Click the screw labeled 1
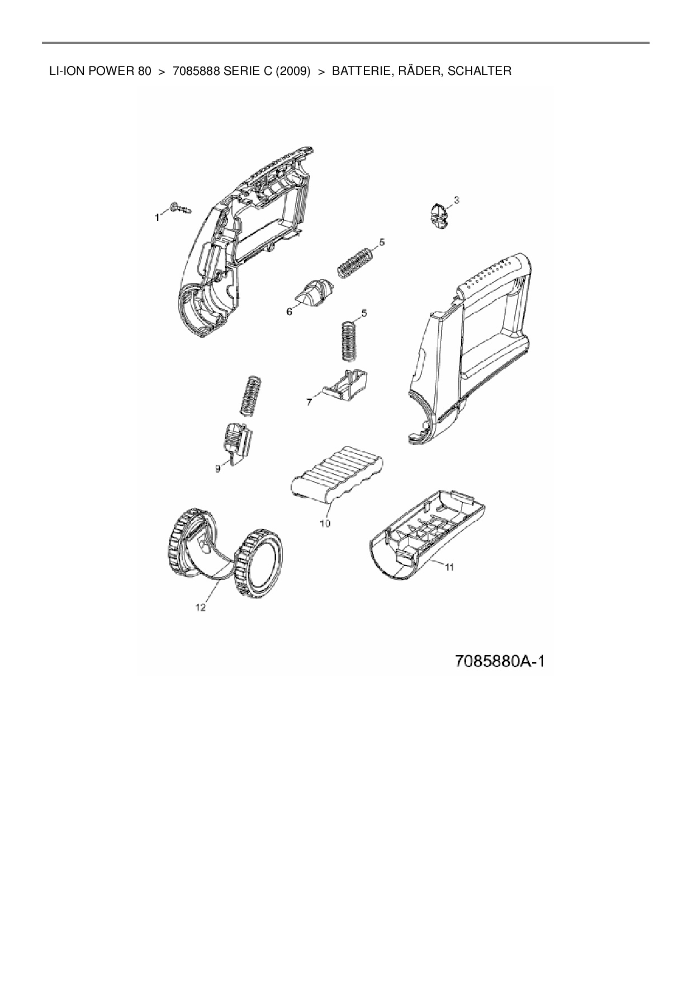[x=181, y=209]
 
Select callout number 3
[x=457, y=200]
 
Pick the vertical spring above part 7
[x=349, y=339]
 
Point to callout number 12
[x=201, y=609]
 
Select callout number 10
[x=325, y=523]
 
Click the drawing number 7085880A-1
[x=500, y=661]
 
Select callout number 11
[x=449, y=567]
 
